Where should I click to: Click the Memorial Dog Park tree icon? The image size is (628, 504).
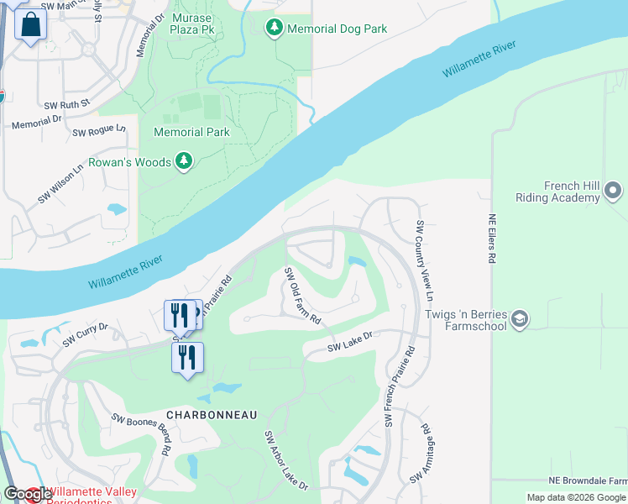tap(275, 29)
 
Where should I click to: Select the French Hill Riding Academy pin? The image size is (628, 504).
tap(612, 191)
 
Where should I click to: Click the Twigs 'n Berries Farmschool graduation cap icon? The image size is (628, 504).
tap(520, 319)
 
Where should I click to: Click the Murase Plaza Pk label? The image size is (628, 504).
tap(191, 24)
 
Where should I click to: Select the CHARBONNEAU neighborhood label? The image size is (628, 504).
tap(212, 415)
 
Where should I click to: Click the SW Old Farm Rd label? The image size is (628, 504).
tap(302, 296)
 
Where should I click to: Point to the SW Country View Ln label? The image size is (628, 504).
tap(424, 261)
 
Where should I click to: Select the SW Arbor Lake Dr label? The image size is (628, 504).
tap(286, 461)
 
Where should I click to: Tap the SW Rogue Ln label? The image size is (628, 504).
tap(99, 131)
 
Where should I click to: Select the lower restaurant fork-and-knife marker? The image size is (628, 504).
tap(187, 357)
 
